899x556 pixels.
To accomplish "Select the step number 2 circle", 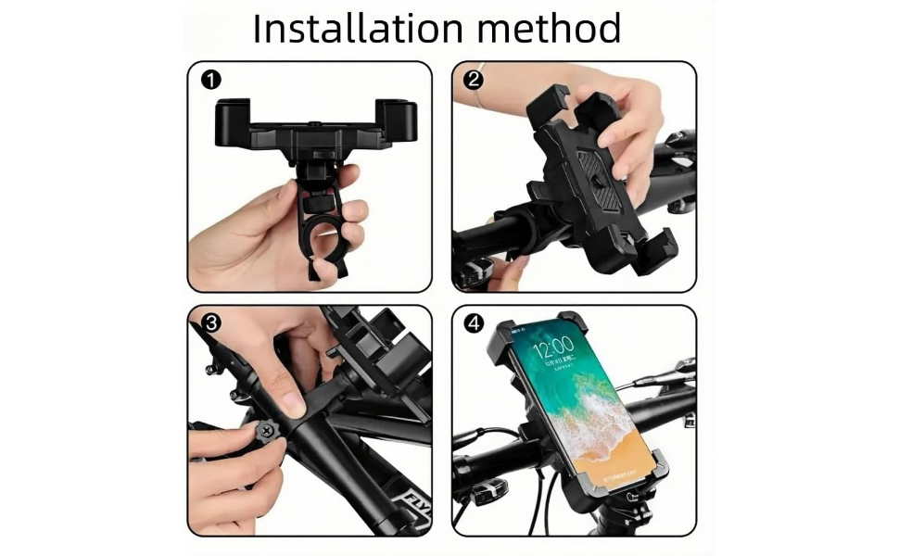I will click(475, 80).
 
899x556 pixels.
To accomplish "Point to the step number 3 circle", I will click(211, 323).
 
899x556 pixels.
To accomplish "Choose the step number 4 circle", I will click(475, 323).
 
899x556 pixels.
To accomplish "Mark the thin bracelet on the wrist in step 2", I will click(478, 97).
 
